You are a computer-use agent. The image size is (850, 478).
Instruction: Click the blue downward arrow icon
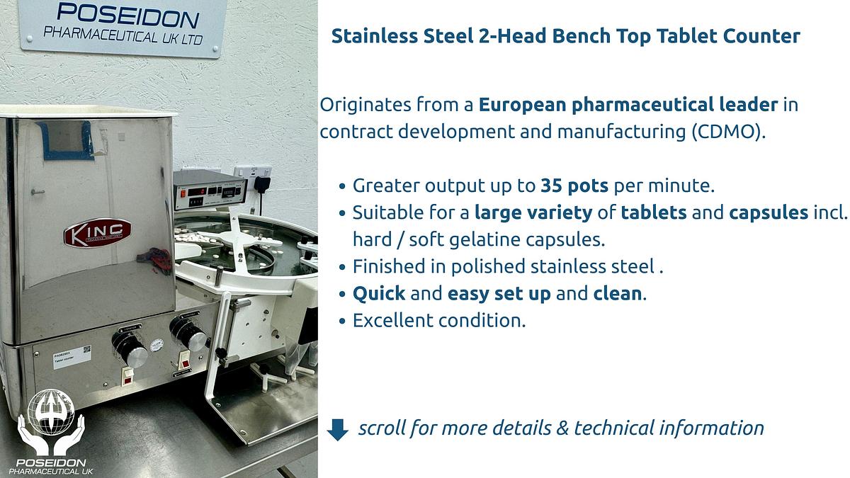tap(338, 429)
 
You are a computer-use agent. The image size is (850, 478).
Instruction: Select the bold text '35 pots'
tap(574, 186)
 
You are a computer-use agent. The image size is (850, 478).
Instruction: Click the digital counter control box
tap(210, 190)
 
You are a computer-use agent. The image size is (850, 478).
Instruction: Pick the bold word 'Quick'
tap(379, 293)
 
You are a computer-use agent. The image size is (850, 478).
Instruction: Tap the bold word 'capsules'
tap(769, 213)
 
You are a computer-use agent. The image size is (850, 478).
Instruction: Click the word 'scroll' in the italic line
tap(381, 428)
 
